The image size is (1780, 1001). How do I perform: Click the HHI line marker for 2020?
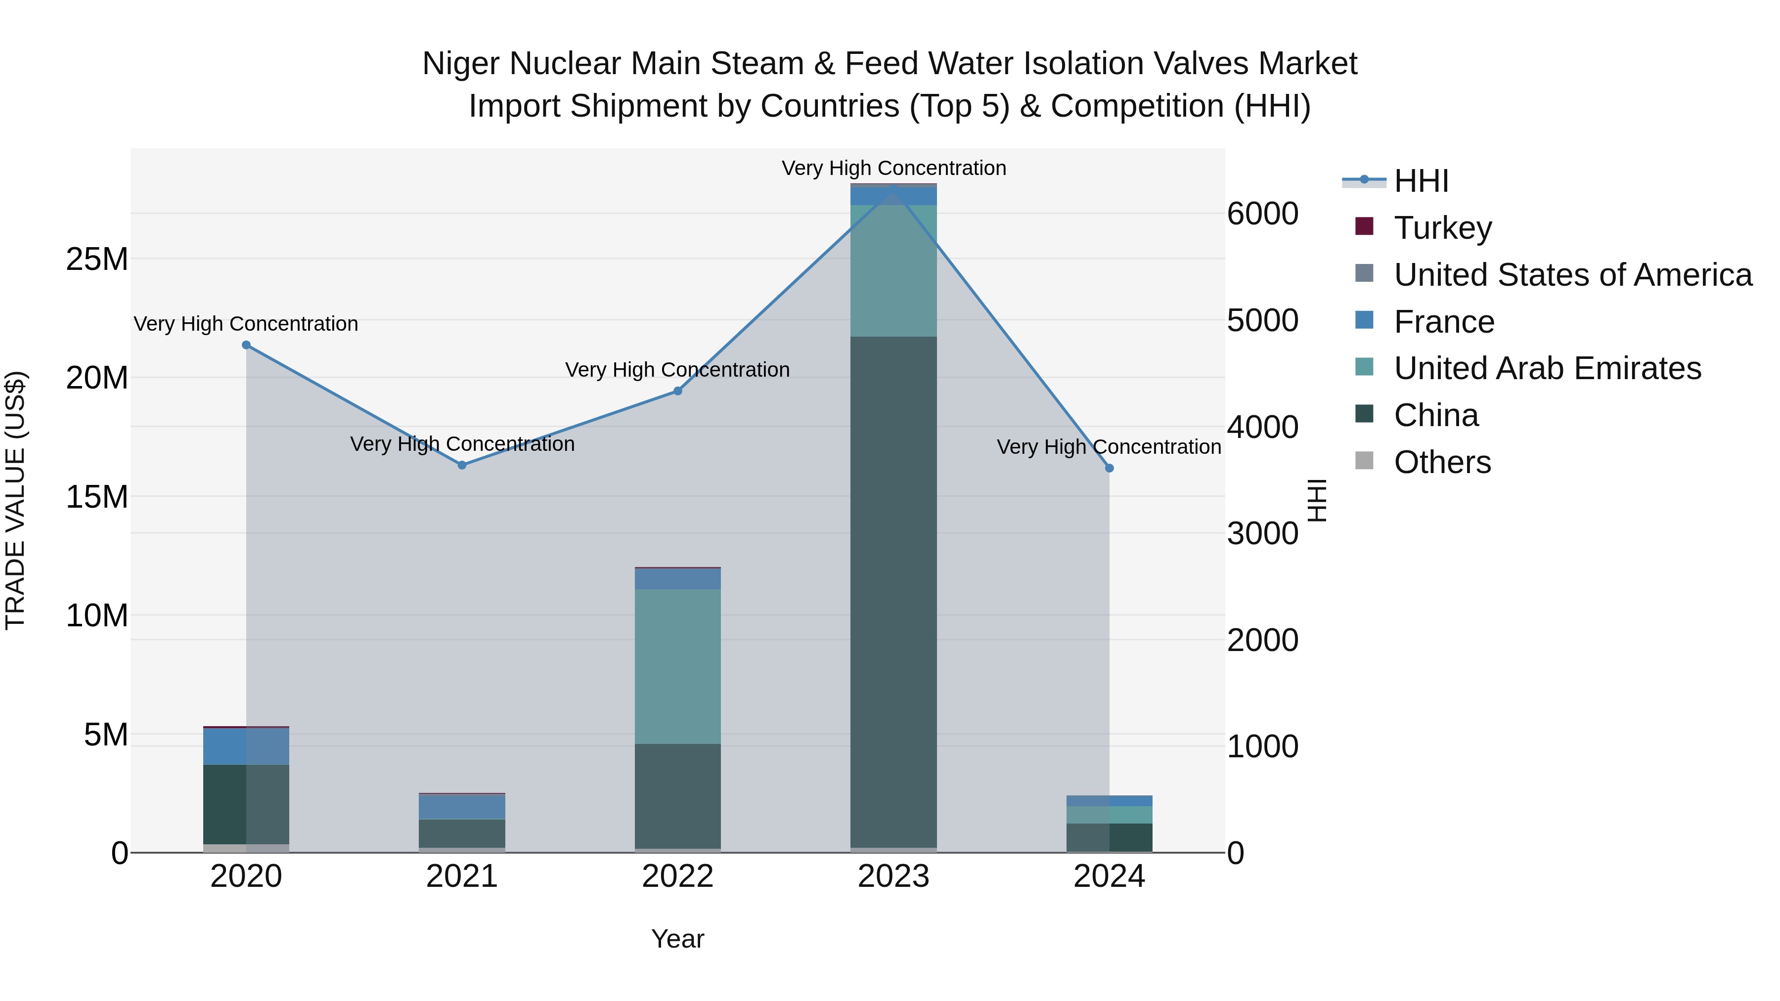tap(246, 345)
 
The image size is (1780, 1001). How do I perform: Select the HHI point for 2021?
tap(462, 465)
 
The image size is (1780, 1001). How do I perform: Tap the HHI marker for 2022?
tap(678, 391)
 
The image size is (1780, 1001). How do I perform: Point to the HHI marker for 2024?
tap(1109, 468)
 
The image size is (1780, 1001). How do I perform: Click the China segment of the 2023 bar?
tap(893, 592)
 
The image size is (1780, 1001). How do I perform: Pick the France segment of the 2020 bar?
tap(246, 746)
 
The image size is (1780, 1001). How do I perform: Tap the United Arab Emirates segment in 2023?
tap(893, 271)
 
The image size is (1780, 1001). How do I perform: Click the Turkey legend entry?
tap(1443, 227)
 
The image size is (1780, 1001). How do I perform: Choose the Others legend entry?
tap(1442, 462)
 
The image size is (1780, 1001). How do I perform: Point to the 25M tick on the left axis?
tap(97, 259)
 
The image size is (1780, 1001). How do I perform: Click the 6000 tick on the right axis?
tap(1262, 214)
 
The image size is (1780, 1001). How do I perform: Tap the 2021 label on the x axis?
tap(462, 876)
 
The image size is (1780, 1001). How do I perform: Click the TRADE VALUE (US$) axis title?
tap(16, 500)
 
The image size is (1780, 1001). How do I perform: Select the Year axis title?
tap(678, 939)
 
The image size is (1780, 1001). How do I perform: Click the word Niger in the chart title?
tap(460, 64)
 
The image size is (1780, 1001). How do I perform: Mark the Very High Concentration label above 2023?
tap(893, 168)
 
